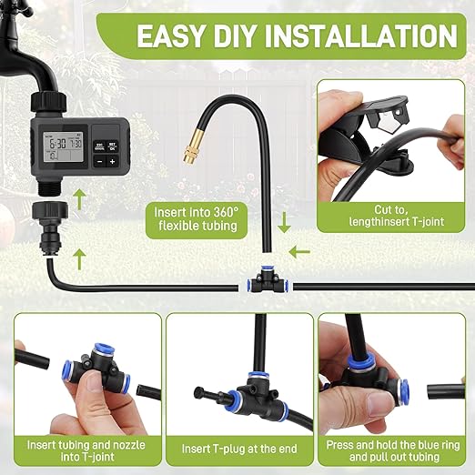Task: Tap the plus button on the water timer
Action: click(112, 161)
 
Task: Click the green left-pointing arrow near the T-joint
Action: click(299, 250)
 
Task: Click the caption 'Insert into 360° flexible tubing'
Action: click(196, 217)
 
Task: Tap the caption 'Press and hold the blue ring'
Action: click(394, 443)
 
